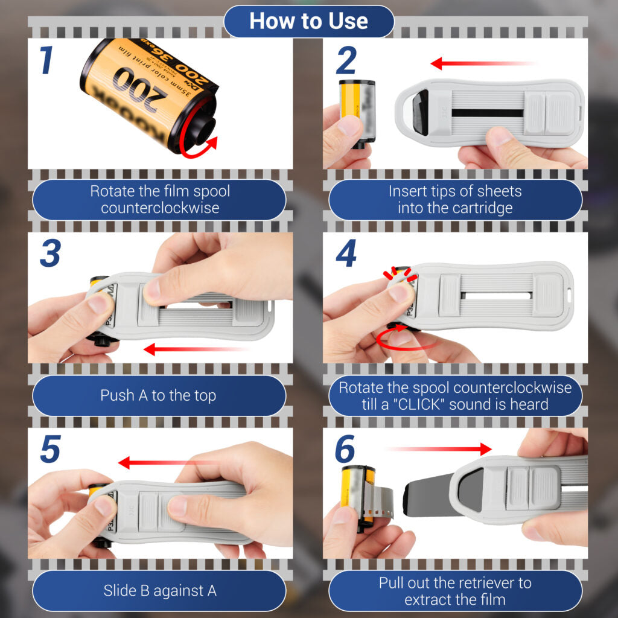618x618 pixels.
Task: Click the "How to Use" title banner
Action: [308, 21]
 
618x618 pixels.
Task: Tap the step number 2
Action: [346, 61]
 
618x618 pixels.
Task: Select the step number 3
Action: [51, 254]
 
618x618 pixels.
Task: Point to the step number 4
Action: [346, 254]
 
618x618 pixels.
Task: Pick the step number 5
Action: [51, 451]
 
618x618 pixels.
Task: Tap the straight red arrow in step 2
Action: [483, 63]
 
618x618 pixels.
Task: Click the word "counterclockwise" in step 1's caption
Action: [159, 208]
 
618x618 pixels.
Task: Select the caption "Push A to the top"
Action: [158, 396]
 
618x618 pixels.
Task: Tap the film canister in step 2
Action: [357, 111]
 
